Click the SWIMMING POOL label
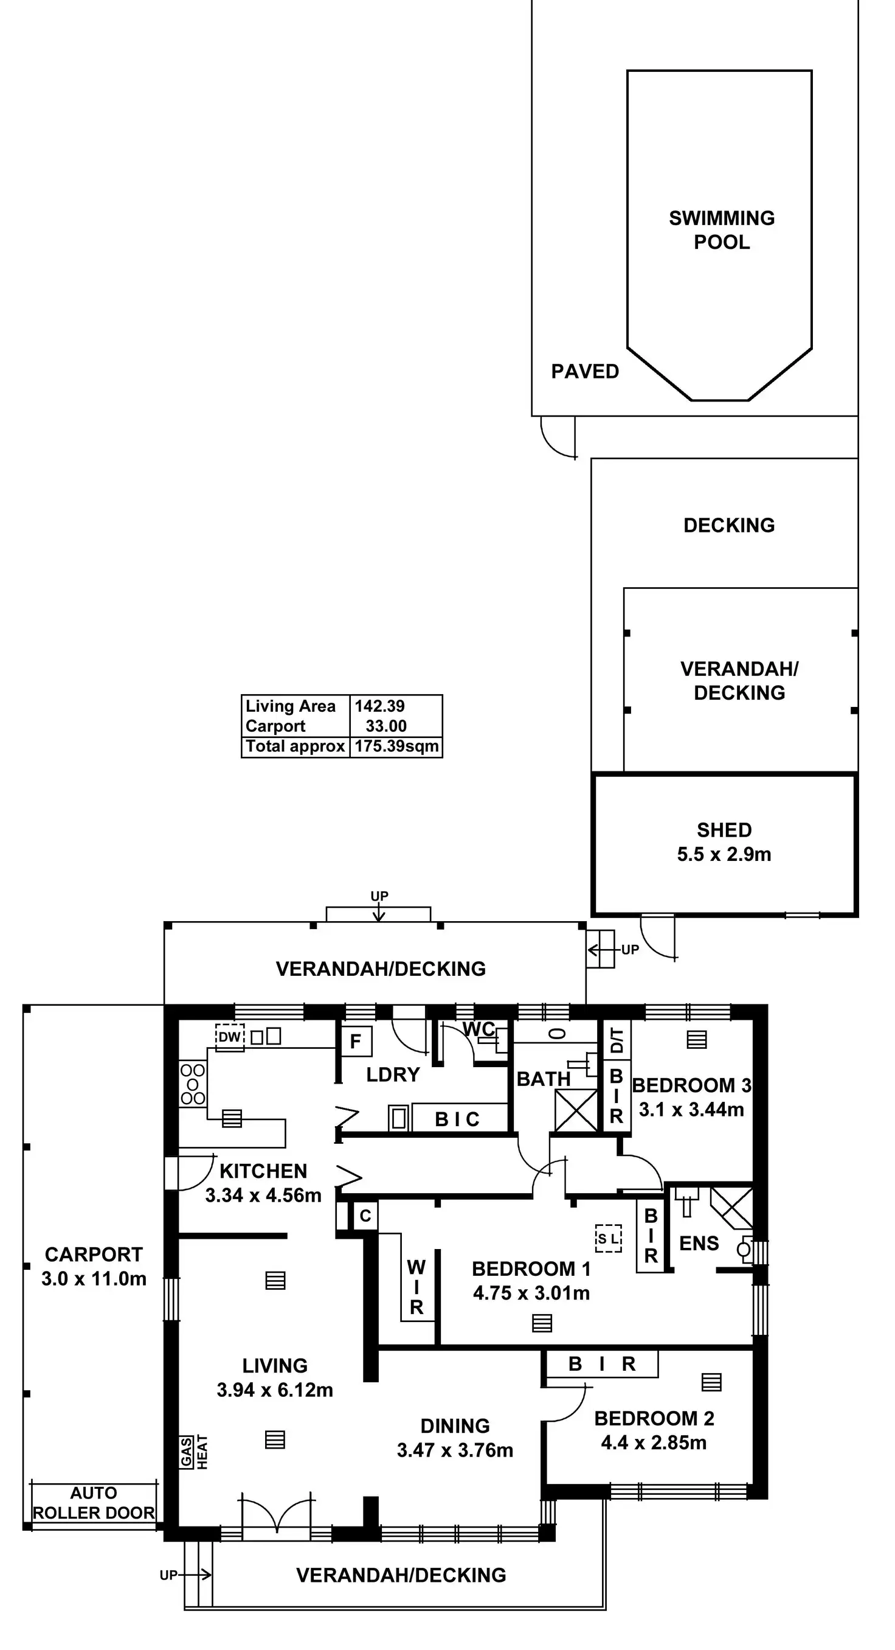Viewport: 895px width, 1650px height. [722, 230]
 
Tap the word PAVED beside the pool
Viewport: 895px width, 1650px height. [584, 372]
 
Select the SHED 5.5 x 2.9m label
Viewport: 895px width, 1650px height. [724, 841]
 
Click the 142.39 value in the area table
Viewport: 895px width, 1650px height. [379, 706]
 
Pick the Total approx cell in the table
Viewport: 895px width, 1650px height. [295, 747]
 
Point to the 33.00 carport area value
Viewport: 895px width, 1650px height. [386, 726]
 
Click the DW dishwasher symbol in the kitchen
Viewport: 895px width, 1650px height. [229, 1037]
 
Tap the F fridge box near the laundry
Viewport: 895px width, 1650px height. [356, 1042]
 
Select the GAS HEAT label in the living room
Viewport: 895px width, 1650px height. [194, 1452]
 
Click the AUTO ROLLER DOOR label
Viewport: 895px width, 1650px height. [94, 1503]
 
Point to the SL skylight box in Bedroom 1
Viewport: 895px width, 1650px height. [607, 1239]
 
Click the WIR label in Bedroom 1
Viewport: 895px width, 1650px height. [416, 1287]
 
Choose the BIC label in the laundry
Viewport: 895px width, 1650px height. [457, 1119]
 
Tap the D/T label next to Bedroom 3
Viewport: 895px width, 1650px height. [617, 1040]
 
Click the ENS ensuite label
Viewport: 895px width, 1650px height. [699, 1243]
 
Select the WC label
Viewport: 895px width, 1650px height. [479, 1029]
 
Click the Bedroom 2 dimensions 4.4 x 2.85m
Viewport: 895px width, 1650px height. [654, 1443]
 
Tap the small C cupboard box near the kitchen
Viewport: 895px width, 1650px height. [365, 1216]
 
